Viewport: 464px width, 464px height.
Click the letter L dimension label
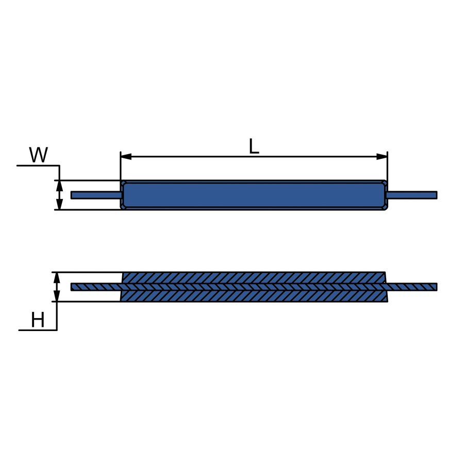(254, 146)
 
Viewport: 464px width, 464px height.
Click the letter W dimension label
(39, 155)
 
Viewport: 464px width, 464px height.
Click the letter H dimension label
(38, 320)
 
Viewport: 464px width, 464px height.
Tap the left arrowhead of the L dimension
(126, 157)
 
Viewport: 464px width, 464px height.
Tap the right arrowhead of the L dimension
(382, 157)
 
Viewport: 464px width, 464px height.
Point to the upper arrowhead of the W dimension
(59, 186)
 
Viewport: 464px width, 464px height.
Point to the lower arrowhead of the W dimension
(59, 204)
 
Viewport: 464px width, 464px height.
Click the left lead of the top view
(96, 195)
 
